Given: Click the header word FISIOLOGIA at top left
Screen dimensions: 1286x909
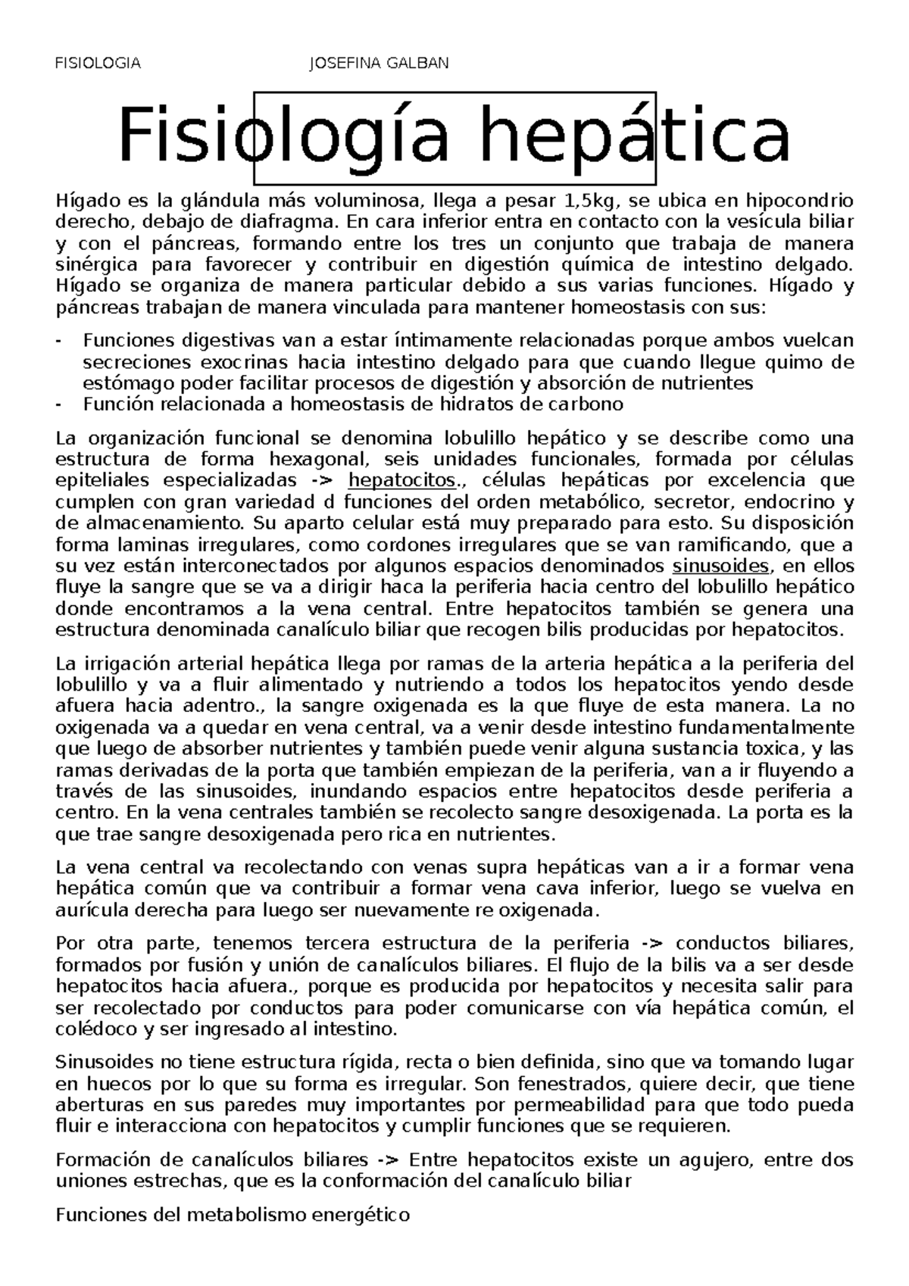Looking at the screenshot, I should [x=98, y=63].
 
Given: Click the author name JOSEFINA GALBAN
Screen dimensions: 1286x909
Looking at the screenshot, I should [x=380, y=63].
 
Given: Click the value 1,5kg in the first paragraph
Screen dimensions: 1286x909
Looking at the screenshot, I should [x=590, y=201].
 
